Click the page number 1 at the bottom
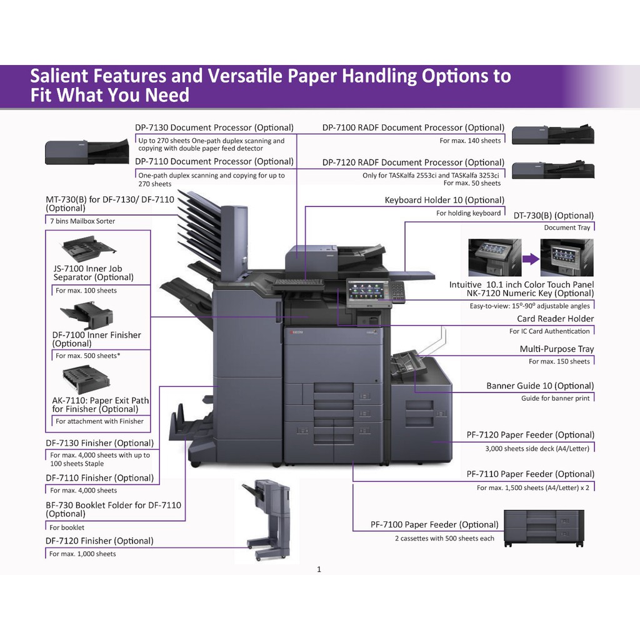319,569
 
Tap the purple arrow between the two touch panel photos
531,257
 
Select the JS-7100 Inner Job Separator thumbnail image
87,249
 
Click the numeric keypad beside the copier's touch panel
397,291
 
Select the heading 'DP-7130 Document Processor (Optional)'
214,127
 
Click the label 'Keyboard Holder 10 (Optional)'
444,200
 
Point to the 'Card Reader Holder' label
555,319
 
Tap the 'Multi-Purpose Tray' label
556,349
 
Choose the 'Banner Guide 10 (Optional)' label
540,386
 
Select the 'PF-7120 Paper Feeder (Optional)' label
530,434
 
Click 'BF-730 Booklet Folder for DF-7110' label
113,504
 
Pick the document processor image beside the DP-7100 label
552,135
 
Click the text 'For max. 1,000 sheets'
82,554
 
